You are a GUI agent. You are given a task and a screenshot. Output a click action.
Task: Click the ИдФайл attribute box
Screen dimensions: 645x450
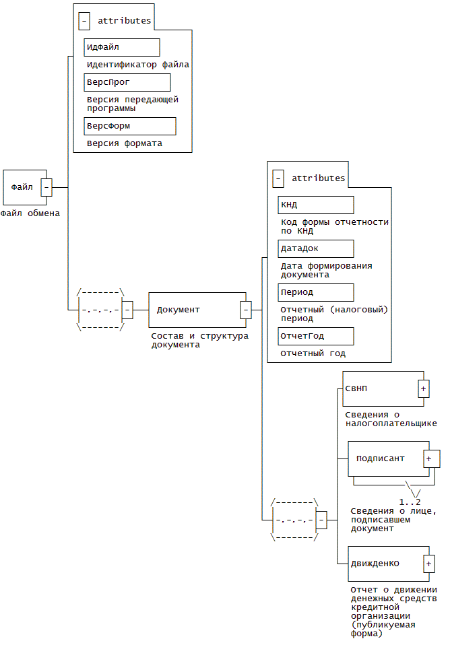pos(122,47)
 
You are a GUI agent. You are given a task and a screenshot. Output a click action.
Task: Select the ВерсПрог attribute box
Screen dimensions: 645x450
pos(127,82)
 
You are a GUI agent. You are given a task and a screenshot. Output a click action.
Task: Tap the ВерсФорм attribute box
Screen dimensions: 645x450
pos(130,126)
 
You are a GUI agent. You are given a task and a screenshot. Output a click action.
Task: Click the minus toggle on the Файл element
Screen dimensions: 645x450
pos(46,187)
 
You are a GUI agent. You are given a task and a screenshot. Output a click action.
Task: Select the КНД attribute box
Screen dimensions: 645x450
pos(316,205)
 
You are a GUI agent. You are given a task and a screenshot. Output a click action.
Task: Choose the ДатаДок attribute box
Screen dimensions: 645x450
pos(316,248)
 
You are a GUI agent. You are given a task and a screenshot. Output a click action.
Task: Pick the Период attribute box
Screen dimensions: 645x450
pos(316,292)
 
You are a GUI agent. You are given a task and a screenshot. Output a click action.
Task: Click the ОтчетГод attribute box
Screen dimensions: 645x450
pos(316,336)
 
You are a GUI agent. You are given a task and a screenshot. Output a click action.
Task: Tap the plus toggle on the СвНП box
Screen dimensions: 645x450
pos(424,388)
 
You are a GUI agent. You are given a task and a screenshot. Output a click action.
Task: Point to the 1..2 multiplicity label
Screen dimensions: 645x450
pos(410,502)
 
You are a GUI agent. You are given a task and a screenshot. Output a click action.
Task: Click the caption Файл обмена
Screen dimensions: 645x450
pos(30,213)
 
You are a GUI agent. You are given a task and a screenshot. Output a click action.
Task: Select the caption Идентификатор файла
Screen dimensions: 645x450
pos(138,65)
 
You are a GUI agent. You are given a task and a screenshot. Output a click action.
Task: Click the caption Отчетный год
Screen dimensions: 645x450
pos(313,353)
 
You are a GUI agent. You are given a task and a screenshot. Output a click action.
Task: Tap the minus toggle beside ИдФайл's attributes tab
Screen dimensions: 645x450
pos(84,21)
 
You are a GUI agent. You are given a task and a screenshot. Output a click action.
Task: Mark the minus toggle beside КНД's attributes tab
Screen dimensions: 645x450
pos(278,178)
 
